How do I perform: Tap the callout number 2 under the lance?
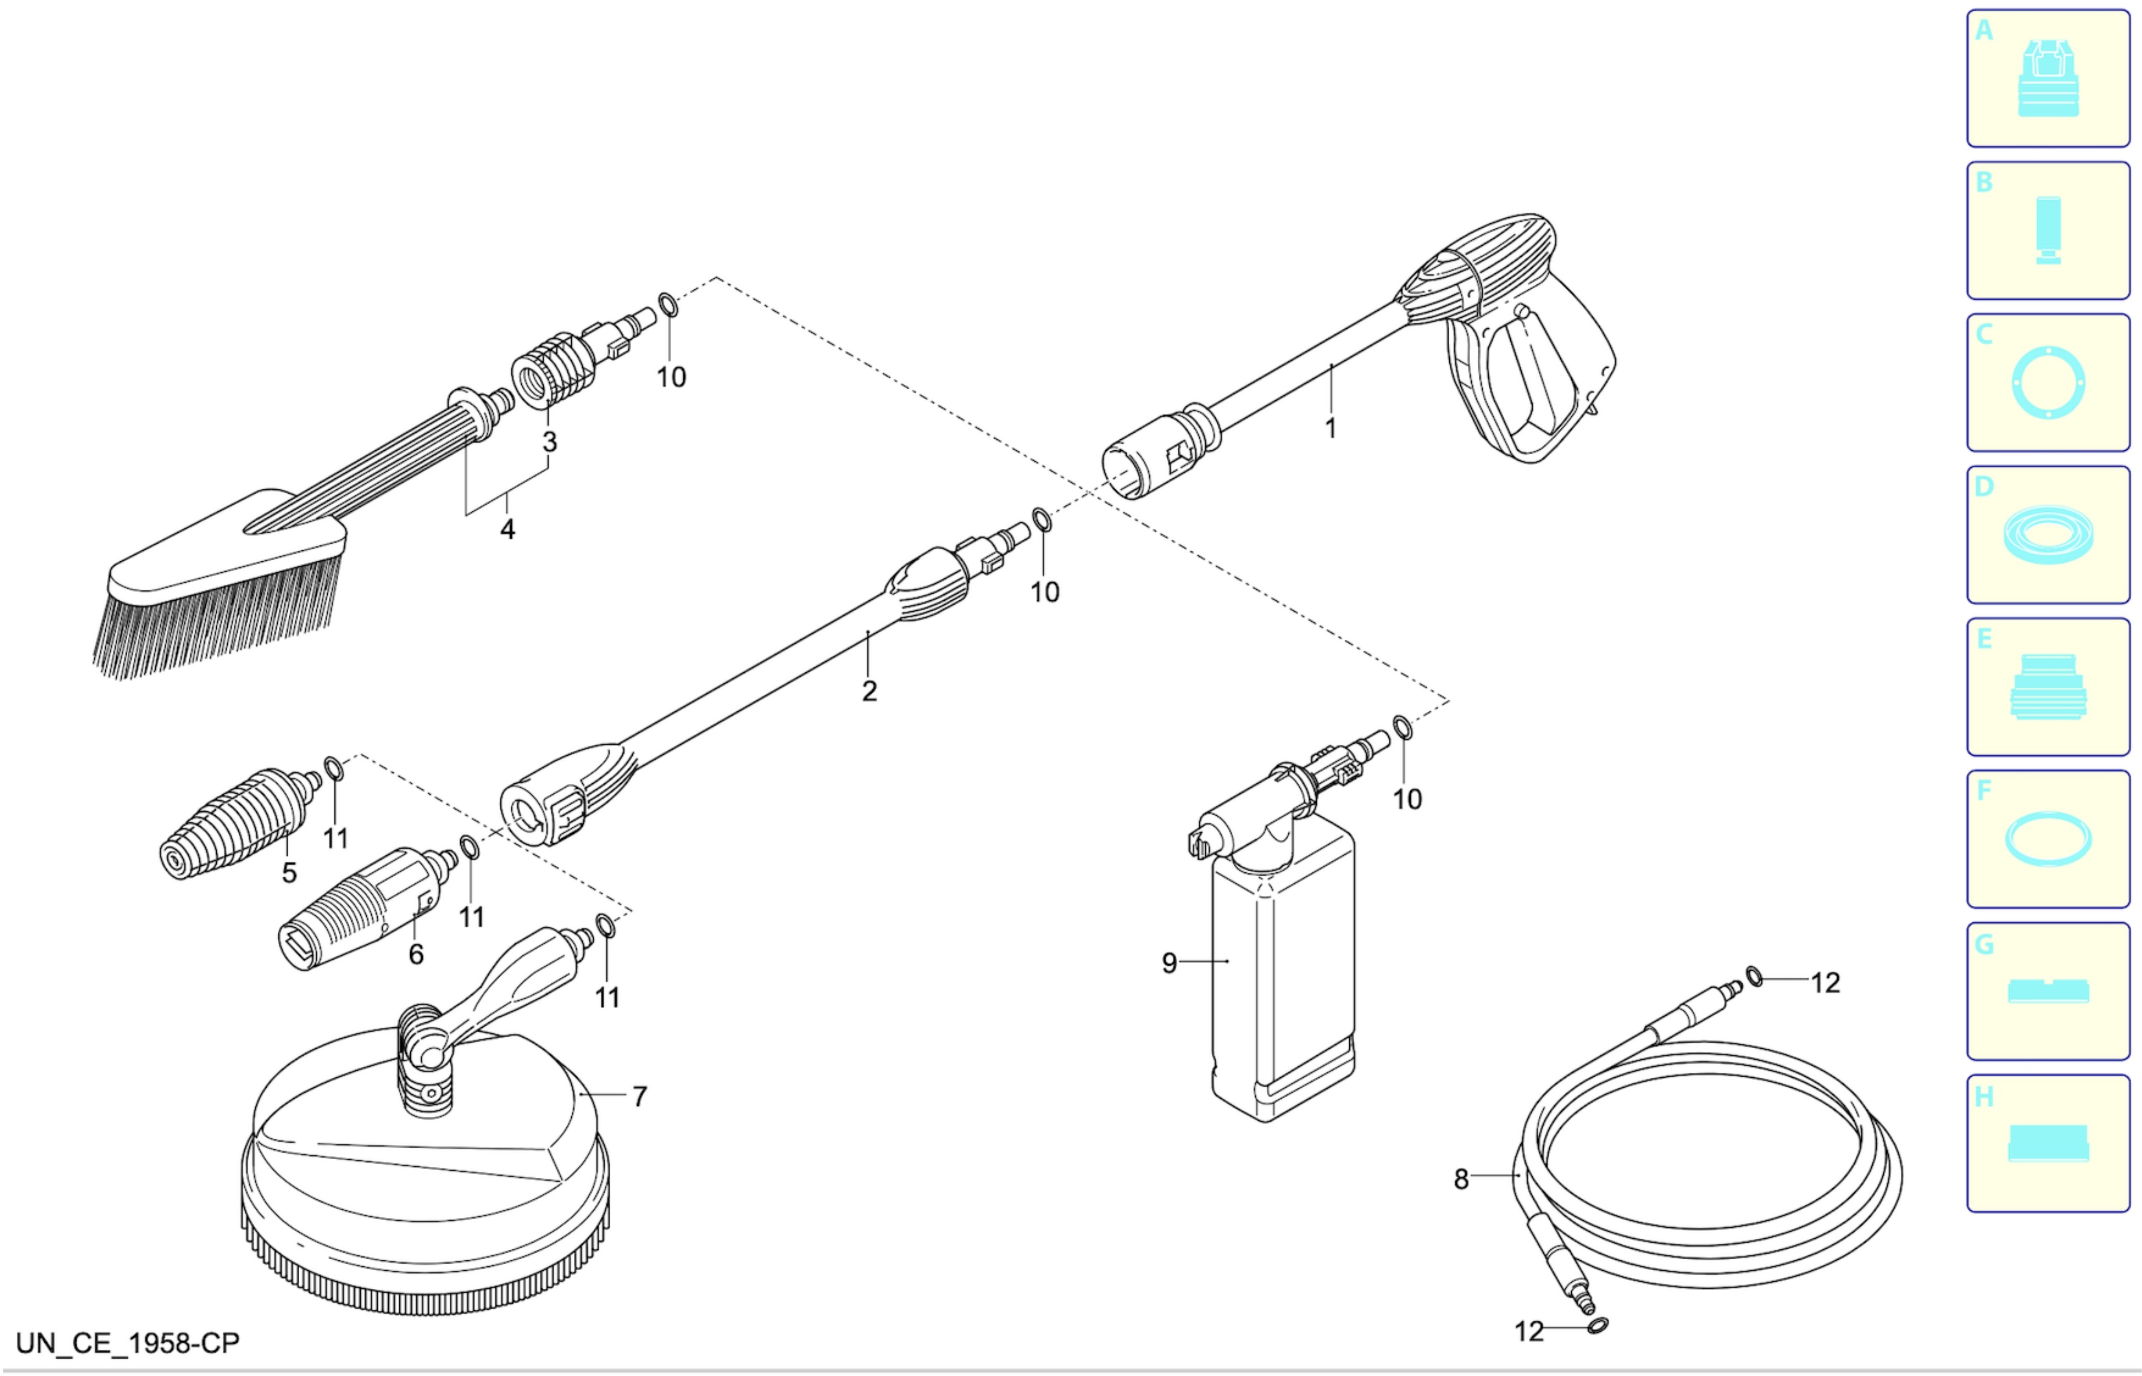pos(869,691)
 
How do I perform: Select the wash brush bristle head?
pos(223,585)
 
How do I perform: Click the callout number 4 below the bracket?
pos(507,530)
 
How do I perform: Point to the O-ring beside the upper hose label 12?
pos(1755,977)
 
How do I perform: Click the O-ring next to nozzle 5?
pos(333,769)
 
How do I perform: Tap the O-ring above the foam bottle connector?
pos(1403,728)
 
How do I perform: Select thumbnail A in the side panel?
pos(2048,79)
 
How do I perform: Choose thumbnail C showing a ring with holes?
pos(2048,383)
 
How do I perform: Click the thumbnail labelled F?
pos(2048,839)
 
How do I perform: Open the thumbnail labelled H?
pos(2048,1143)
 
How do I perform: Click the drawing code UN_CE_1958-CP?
pos(128,1344)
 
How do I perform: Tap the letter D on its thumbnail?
pos(1984,487)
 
